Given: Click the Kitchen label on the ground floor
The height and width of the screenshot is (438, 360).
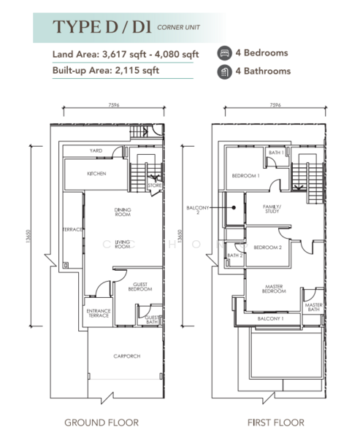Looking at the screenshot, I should click(97, 174).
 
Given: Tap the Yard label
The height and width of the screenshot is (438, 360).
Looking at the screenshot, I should click(96, 151).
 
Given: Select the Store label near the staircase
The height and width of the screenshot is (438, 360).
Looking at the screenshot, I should click(154, 185).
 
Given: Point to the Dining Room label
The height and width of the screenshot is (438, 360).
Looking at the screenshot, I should click(122, 212).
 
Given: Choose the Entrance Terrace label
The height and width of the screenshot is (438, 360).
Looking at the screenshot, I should click(99, 314).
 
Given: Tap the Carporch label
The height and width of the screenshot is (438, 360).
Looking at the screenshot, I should click(126, 356).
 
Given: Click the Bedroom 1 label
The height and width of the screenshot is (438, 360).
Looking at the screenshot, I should click(245, 176).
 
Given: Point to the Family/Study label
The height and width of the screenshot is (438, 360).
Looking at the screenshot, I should click(272, 210).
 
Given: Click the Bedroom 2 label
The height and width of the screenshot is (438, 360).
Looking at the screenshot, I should click(267, 247).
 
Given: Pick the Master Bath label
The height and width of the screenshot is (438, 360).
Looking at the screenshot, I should click(314, 308).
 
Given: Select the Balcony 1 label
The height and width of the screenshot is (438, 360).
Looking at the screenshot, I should click(272, 319).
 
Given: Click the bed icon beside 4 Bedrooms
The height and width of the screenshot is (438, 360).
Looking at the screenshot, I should click(224, 53).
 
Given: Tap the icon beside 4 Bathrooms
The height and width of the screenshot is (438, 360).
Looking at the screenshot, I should click(224, 72).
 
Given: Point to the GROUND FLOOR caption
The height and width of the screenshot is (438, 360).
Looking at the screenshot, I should click(102, 422).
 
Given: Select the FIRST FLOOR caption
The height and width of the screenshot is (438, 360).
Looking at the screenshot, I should click(275, 422).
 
